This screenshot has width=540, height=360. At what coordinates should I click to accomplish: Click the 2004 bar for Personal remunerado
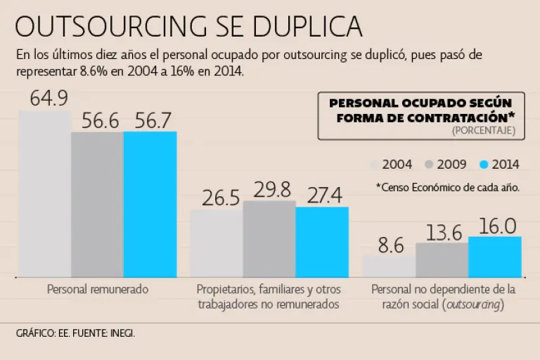(44, 193)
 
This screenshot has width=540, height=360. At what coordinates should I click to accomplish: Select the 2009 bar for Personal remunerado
(97, 204)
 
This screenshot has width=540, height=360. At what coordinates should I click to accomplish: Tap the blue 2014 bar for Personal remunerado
(150, 204)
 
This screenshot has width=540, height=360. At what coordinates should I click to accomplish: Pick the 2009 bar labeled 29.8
(269, 239)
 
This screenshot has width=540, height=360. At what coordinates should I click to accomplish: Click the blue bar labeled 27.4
(322, 242)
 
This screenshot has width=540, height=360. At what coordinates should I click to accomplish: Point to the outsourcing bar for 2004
(389, 266)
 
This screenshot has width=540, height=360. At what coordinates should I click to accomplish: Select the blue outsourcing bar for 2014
(494, 257)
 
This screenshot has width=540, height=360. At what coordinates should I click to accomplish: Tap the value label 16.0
(497, 225)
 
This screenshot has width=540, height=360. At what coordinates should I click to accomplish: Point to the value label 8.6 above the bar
(391, 245)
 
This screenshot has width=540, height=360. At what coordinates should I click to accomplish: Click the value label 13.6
(444, 232)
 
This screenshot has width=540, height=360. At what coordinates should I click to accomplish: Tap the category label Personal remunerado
(98, 289)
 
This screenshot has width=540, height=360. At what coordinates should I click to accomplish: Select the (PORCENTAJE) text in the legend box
(484, 131)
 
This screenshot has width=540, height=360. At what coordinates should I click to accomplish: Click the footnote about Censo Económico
(448, 187)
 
